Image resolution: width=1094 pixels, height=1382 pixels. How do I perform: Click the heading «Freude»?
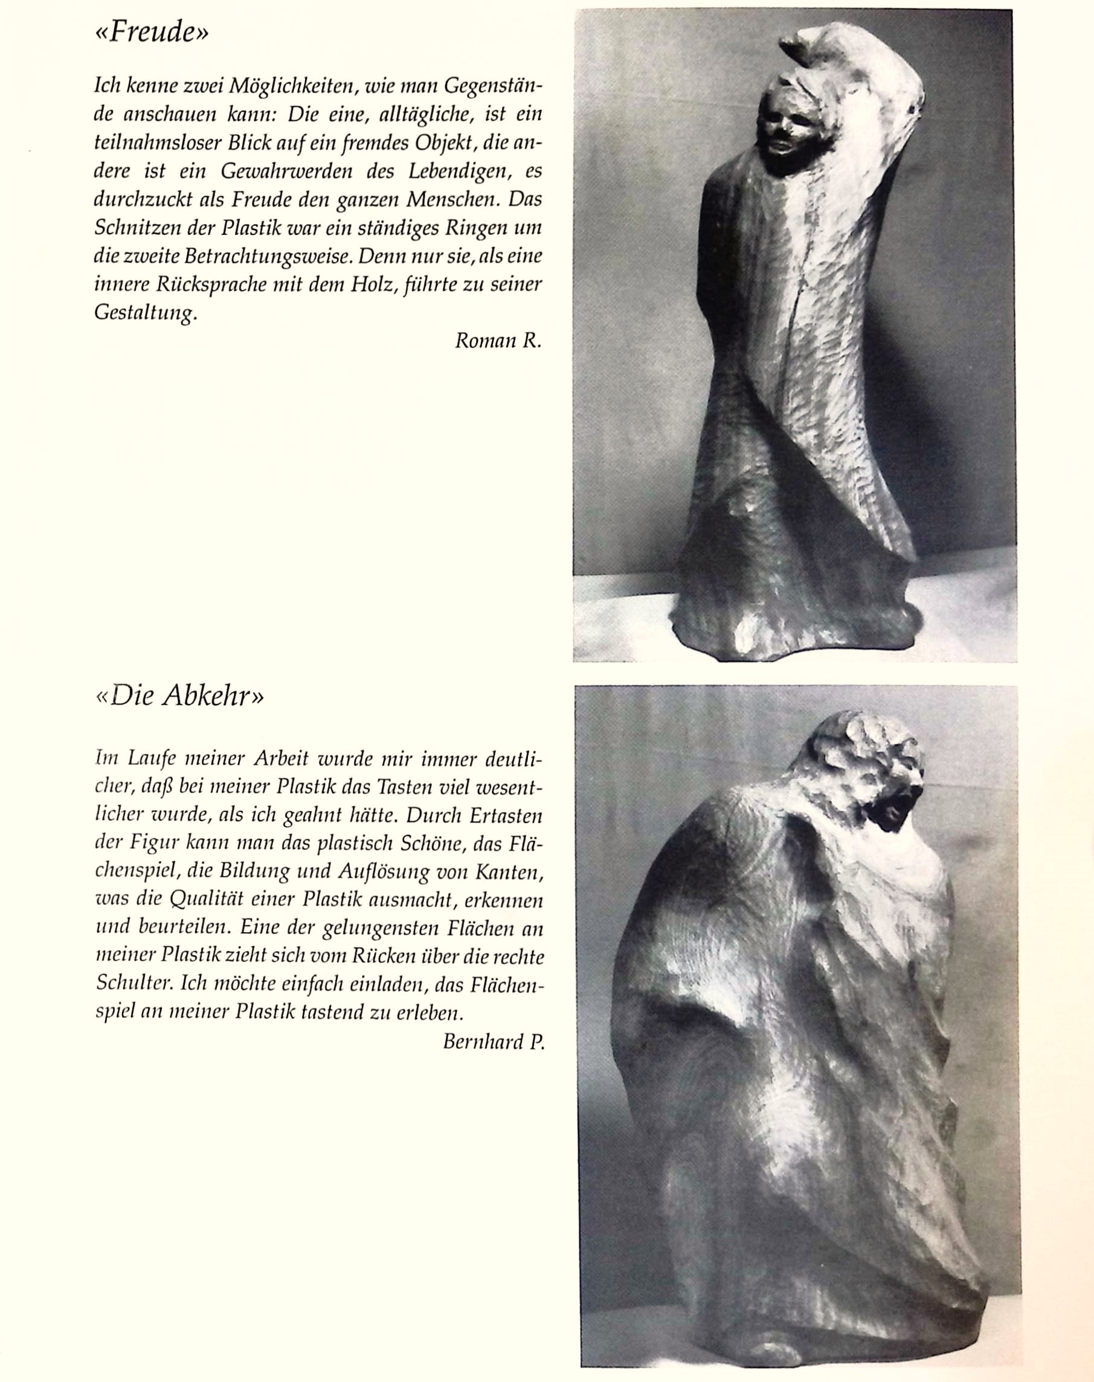coord(152,31)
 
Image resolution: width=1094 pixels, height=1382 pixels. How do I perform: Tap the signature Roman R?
coord(498,341)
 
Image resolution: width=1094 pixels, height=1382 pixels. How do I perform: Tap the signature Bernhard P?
coord(492,1042)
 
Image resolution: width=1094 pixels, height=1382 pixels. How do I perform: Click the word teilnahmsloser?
coord(156,143)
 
